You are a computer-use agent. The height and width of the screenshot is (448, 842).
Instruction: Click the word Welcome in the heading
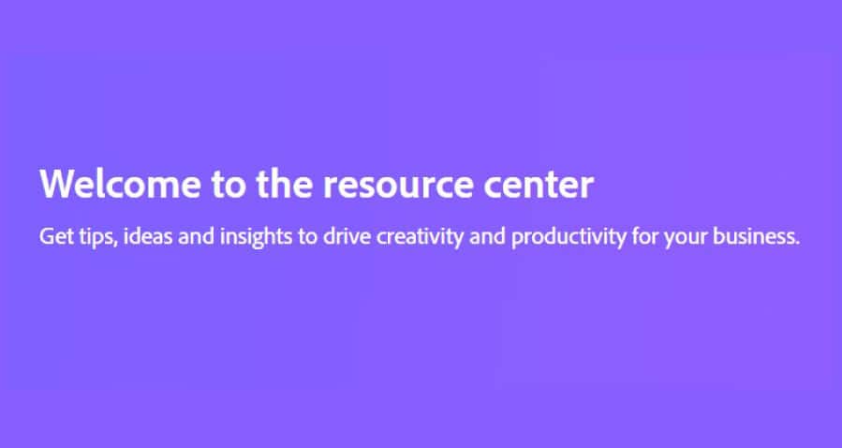pyautogui.click(x=120, y=184)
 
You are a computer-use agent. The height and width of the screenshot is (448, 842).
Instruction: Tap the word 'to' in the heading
pyautogui.click(x=229, y=185)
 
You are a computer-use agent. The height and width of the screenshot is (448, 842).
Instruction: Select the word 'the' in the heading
pyautogui.click(x=285, y=184)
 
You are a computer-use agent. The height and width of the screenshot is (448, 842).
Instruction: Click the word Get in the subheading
pyautogui.click(x=56, y=236)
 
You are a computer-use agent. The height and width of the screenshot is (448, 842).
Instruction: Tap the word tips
pyautogui.click(x=97, y=237)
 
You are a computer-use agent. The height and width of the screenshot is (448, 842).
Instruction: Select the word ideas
pyautogui.click(x=148, y=236)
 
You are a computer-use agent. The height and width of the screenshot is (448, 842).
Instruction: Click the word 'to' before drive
pyautogui.click(x=308, y=237)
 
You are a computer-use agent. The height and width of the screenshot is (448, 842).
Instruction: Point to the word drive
pyautogui.click(x=347, y=236)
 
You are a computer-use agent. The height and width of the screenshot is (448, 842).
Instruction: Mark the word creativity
pyautogui.click(x=420, y=237)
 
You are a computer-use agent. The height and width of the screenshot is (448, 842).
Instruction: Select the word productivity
pyautogui.click(x=569, y=237)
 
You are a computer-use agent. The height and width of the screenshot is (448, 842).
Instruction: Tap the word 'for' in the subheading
pyautogui.click(x=645, y=236)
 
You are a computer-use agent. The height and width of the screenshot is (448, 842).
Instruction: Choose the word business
pyautogui.click(x=756, y=236)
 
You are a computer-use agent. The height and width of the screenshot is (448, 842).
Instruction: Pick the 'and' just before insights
pyautogui.click(x=197, y=236)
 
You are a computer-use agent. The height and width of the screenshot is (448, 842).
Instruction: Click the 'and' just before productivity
pyautogui.click(x=487, y=236)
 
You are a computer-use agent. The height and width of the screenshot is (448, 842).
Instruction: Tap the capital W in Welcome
pyautogui.click(x=57, y=184)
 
